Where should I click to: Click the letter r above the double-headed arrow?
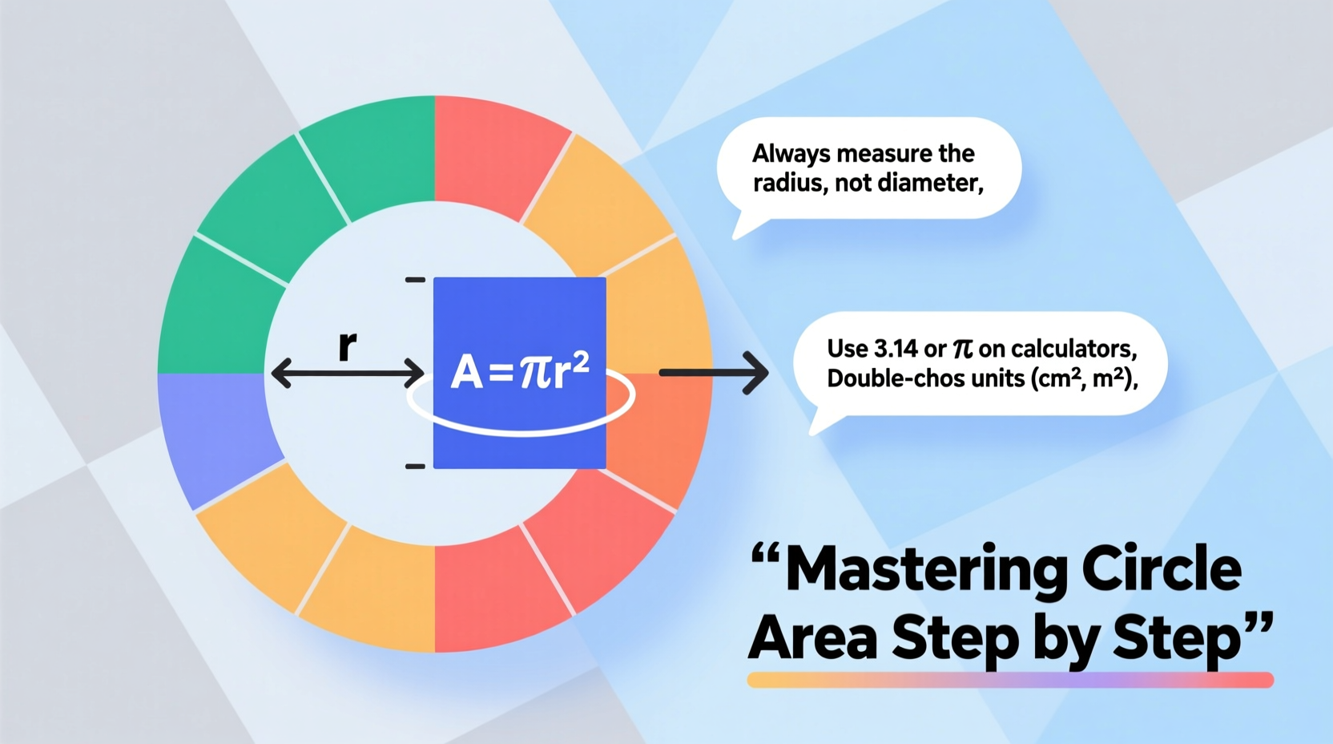347,346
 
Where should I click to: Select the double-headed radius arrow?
348,374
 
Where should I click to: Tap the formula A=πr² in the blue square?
521,371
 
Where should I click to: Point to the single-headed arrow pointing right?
713,372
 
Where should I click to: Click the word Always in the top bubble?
787,154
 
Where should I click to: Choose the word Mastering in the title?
927,570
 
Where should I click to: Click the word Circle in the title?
1162,570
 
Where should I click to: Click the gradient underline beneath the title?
1009,680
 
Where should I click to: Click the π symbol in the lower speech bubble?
962,349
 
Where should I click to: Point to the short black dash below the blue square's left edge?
415,466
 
